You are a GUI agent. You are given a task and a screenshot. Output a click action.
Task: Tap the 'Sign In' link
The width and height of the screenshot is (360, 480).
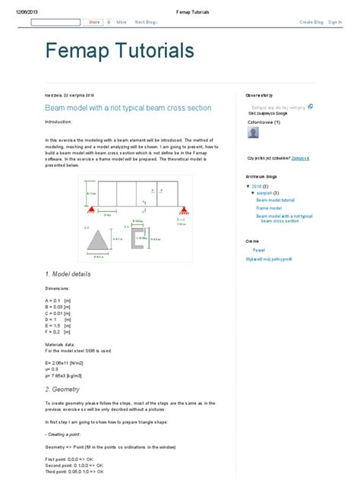[335, 22]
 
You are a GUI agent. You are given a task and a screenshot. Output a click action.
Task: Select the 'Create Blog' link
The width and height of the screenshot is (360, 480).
[311, 22]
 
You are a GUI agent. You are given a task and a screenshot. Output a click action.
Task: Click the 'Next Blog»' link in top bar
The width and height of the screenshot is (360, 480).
[146, 22]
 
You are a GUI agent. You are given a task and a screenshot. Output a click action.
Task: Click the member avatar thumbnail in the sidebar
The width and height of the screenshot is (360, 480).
[253, 134]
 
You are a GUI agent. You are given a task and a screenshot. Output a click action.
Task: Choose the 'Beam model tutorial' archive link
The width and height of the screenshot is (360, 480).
[275, 199]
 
